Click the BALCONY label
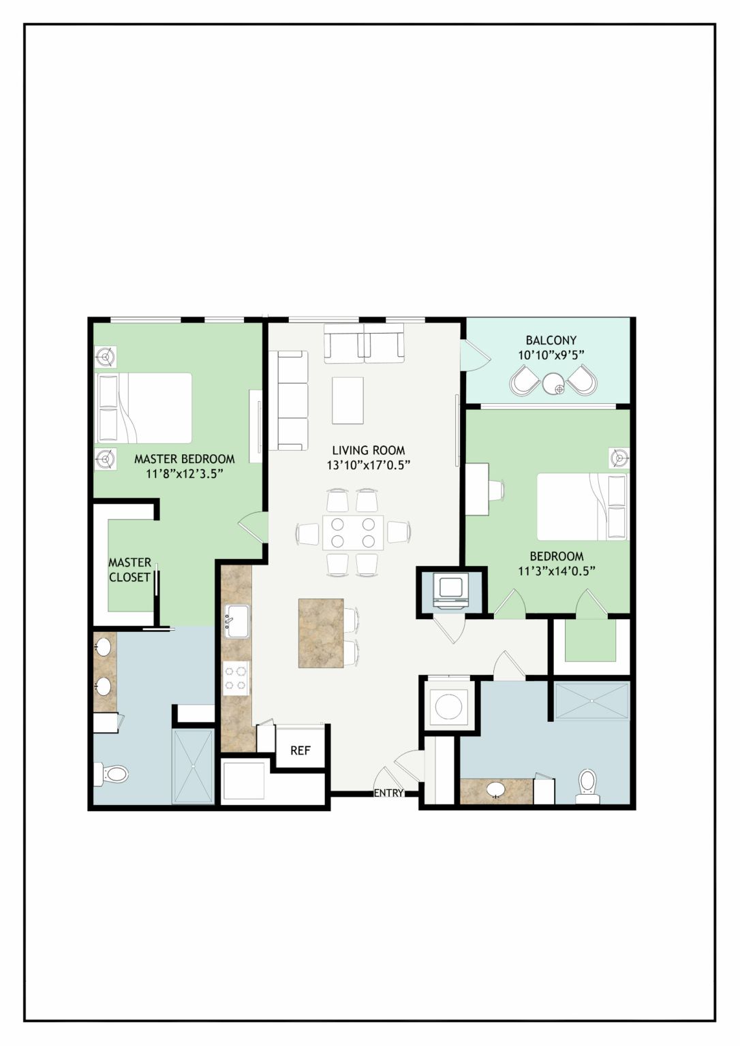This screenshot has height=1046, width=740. [x=551, y=340]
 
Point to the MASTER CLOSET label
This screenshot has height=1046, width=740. [x=129, y=570]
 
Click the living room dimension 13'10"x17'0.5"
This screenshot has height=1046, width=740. [x=369, y=465]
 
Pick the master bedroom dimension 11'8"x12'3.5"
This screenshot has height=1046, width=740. [x=185, y=473]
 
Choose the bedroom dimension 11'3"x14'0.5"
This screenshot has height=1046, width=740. [x=557, y=571]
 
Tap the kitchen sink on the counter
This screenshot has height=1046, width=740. [x=238, y=620]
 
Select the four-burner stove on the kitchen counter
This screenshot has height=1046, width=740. [x=236, y=678]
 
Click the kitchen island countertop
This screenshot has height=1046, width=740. [x=322, y=633]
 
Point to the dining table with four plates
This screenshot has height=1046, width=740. [x=353, y=533]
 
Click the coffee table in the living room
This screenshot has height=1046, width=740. [x=348, y=400]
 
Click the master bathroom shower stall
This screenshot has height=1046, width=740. [x=194, y=766]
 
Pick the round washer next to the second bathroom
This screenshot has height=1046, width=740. [x=449, y=706]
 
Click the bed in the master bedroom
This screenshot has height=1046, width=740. [x=143, y=408]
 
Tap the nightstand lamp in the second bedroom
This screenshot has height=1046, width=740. [x=619, y=458]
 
